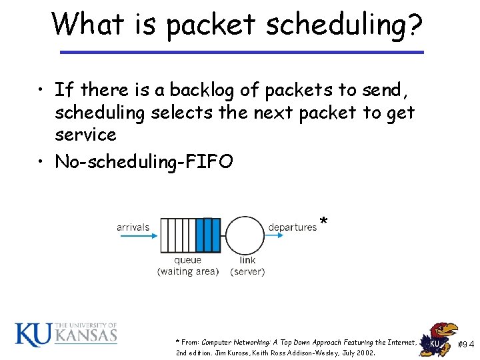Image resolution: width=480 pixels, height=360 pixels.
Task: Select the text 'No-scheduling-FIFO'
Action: coord(144,161)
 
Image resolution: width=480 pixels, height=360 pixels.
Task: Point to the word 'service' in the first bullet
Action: coord(85,135)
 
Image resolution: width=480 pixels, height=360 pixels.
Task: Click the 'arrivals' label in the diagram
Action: coord(133,227)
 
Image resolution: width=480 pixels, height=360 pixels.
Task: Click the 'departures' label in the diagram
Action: coord(292,227)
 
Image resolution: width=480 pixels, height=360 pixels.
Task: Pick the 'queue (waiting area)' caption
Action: coord(187,266)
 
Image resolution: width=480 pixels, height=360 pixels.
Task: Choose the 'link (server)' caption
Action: coord(247,266)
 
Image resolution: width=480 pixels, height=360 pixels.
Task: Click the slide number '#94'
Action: coord(466,344)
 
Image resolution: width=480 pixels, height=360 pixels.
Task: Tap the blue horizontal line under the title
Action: coord(241,51)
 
